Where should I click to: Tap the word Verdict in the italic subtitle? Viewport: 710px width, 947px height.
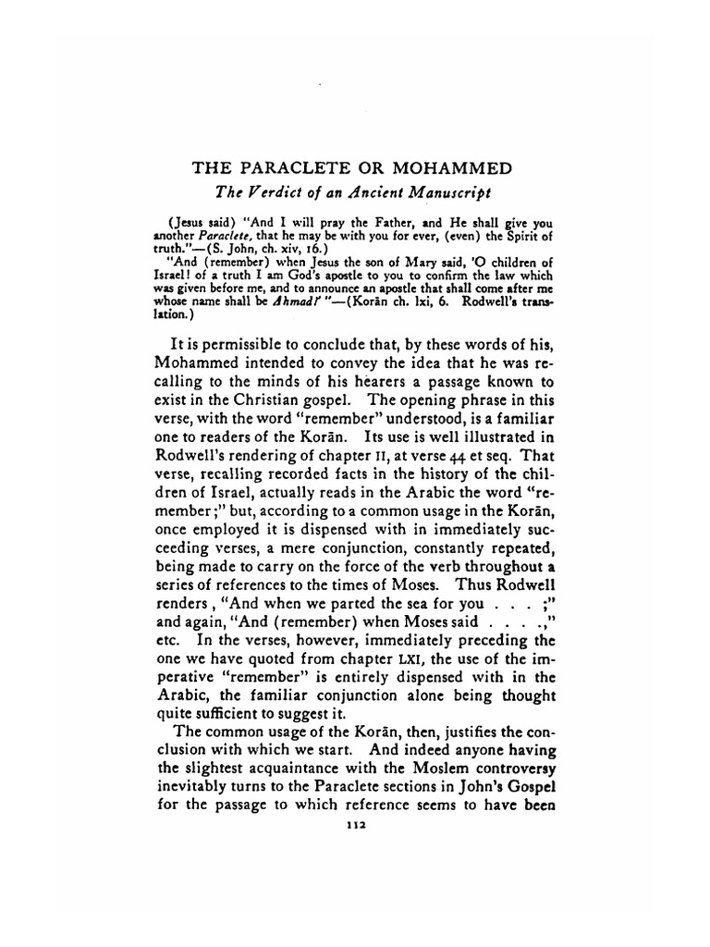[x=276, y=193]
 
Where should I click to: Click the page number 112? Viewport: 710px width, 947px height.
[x=355, y=829]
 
